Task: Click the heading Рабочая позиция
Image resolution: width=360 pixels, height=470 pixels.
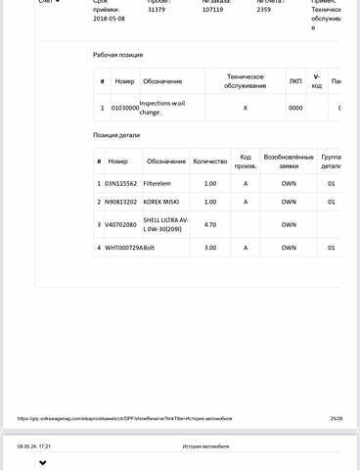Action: (x=123, y=56)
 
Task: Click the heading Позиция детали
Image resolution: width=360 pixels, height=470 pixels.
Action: (x=121, y=134)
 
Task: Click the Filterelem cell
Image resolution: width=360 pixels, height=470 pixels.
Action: (x=159, y=182)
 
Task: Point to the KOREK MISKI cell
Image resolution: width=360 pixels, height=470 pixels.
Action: (x=161, y=202)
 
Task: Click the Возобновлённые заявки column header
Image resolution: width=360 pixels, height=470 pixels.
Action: (x=289, y=160)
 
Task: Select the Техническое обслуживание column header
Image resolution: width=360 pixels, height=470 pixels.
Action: (x=246, y=80)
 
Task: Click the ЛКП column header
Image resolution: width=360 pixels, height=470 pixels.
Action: (x=295, y=80)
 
